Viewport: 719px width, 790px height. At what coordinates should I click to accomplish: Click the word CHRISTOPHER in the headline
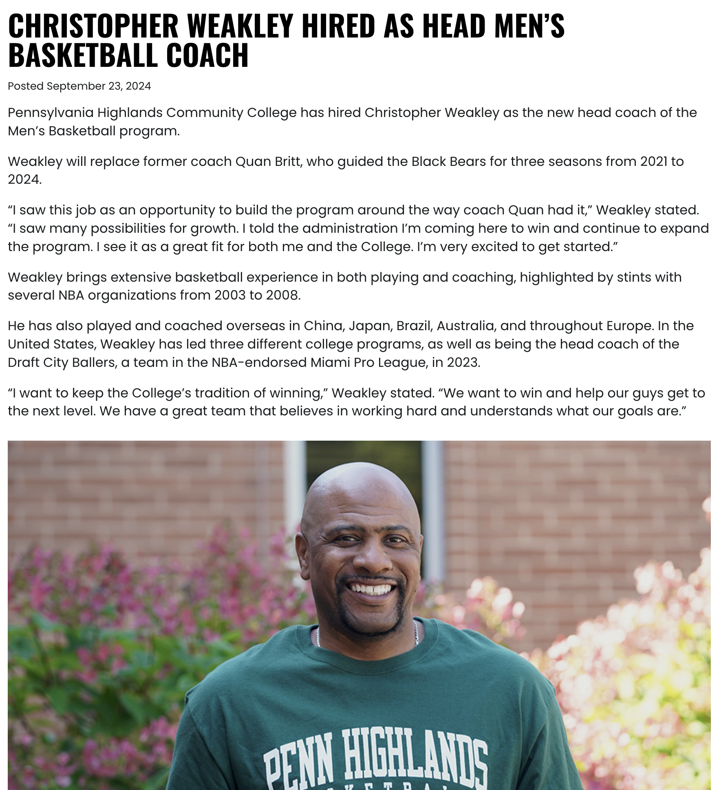coord(93,26)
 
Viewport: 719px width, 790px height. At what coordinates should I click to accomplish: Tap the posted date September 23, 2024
coord(99,86)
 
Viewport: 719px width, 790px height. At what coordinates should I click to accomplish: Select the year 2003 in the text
coord(230,295)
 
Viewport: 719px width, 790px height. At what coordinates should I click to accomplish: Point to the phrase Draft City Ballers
coord(62,362)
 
